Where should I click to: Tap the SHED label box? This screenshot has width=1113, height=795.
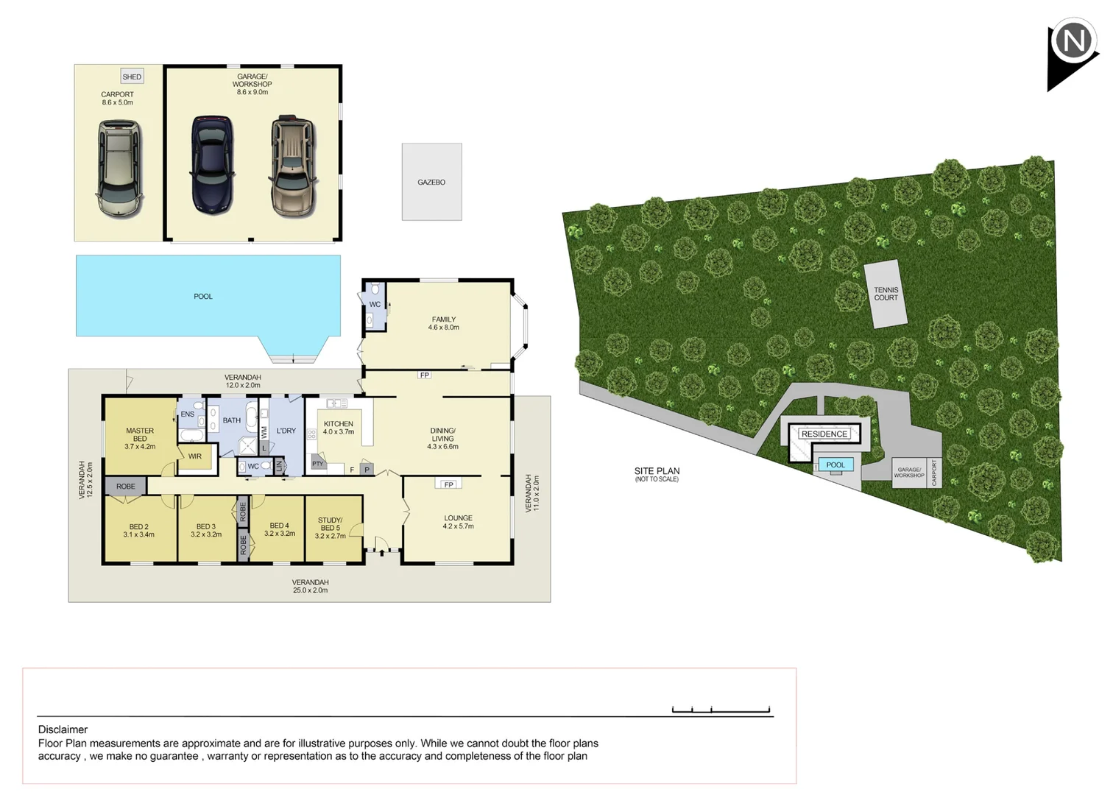pos(132,77)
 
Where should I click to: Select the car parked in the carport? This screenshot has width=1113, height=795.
pos(119,169)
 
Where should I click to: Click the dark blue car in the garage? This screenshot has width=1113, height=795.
pos(212,165)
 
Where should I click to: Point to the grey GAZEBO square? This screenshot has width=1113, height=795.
pos(431,182)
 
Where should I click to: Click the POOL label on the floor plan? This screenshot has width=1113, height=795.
pos(203,297)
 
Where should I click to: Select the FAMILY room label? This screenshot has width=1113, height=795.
pos(443,323)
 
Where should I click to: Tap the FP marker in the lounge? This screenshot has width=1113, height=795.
pos(448,484)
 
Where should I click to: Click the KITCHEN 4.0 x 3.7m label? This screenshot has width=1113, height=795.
pos(338,428)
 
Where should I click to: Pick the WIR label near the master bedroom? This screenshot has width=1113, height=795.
pos(194,456)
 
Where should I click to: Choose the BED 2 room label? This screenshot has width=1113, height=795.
pos(138,530)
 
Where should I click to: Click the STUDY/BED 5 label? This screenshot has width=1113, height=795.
pos(330,528)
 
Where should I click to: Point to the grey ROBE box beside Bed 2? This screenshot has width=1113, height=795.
pos(126,487)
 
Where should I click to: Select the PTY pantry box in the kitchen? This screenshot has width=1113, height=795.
pos(317,464)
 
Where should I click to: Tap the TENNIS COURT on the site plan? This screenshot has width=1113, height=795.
pos(886,294)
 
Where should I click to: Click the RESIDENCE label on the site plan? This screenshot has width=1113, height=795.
pos(824,434)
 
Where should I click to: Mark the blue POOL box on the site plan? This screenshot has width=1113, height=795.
pos(835,464)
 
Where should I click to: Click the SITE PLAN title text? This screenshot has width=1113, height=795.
pos(657,471)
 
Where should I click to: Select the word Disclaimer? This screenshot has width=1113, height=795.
pos(63,729)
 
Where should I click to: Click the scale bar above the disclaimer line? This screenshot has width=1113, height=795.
pos(721,710)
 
